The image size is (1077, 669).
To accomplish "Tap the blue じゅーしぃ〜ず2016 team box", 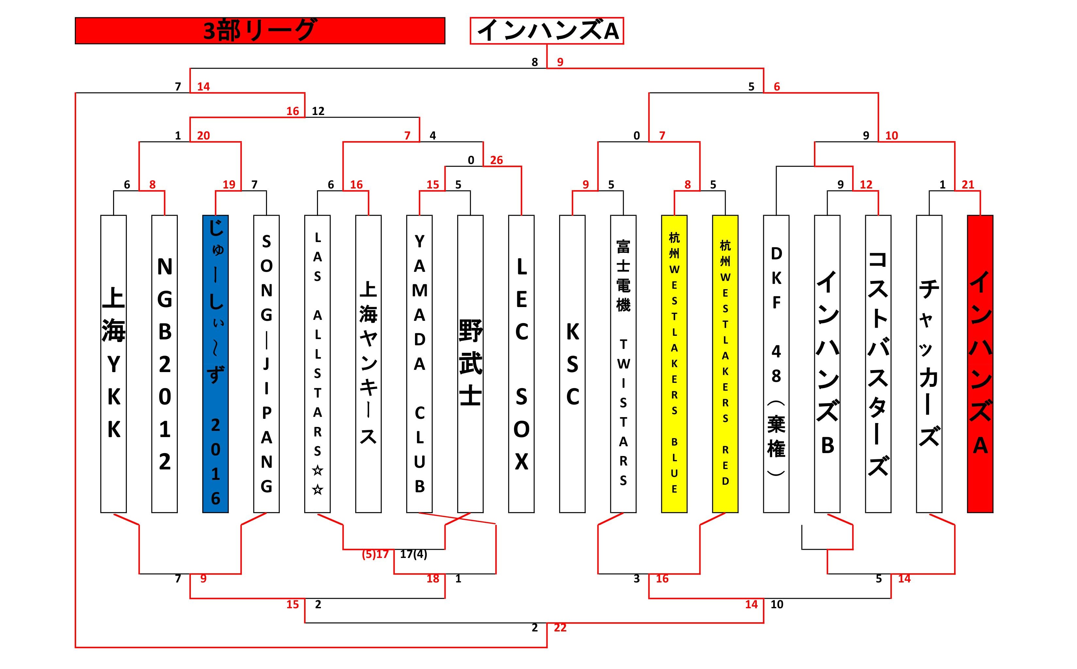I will pos(215,364).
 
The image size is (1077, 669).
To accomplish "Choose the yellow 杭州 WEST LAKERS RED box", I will pos(725,364).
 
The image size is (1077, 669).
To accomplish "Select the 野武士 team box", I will pos(470,364).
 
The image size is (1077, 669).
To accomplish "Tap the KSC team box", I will pos(572,364).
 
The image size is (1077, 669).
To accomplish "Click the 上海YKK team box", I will pos(114,364).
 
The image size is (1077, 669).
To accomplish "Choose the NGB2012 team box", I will pos(165,364).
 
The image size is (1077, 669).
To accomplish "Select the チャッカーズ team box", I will pos(929,364).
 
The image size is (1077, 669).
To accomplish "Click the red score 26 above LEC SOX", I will pos(496,160).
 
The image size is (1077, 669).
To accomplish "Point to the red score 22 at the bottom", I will pos(560,628).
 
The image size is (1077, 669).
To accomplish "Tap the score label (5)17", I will pos(375,554).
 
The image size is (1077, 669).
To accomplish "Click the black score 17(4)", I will pos(413,554).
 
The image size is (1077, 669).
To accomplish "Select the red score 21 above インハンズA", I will pos(968,185).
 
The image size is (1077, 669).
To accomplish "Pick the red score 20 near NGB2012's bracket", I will pos(204,136).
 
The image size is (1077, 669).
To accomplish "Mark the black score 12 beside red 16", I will pos(318,111).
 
